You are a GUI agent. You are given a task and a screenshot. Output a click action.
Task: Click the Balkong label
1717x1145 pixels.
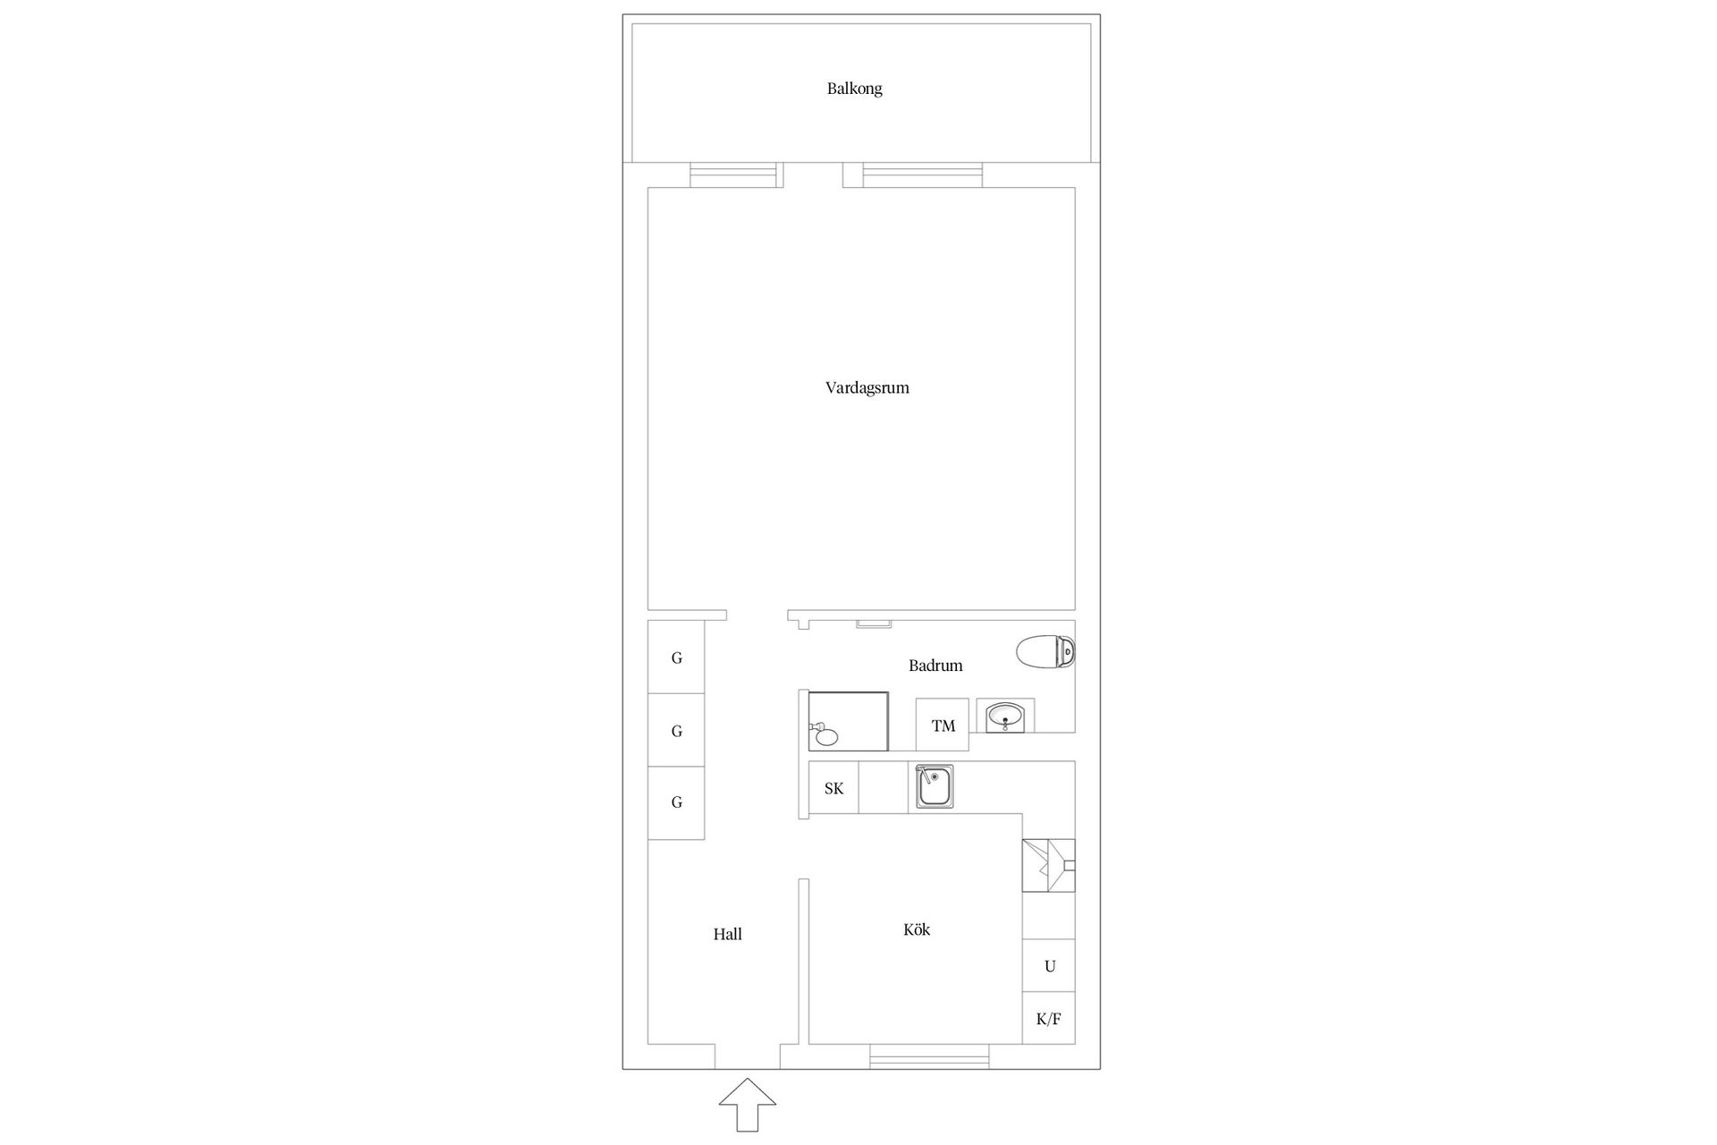(x=854, y=89)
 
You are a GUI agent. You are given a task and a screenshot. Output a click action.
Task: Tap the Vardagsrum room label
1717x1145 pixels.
(x=867, y=388)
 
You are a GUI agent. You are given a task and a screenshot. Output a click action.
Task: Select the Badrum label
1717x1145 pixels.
(x=935, y=666)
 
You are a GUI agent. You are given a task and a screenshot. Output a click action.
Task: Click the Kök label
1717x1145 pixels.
(x=917, y=929)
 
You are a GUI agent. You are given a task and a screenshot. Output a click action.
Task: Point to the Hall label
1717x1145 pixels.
(x=727, y=934)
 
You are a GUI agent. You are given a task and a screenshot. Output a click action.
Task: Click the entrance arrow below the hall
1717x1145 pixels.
(x=748, y=1105)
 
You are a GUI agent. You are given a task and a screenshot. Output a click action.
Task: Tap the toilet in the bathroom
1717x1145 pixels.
(x=1045, y=651)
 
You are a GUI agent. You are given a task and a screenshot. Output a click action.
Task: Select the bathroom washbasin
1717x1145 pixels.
(x=1006, y=716)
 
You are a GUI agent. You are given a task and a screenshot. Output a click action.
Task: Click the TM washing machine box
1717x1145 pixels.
(x=943, y=725)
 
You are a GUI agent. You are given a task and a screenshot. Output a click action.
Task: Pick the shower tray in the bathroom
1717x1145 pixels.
(x=848, y=721)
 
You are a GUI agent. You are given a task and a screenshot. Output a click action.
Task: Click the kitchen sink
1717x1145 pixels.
(x=935, y=786)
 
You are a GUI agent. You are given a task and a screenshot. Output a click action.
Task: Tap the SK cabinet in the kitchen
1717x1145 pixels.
(x=833, y=788)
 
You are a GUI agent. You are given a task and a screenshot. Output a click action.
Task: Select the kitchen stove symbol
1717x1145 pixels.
(x=1049, y=865)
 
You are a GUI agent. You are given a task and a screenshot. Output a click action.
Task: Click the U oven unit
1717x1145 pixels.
(x=1049, y=965)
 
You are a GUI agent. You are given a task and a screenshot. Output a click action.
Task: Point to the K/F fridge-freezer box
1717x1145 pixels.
(x=1049, y=1018)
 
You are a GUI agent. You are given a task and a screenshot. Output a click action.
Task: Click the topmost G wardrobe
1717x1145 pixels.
(x=676, y=657)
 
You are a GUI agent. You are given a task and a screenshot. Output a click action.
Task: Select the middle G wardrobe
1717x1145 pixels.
(x=676, y=730)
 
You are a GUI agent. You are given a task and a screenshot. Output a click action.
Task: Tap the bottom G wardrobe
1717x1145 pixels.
(x=676, y=802)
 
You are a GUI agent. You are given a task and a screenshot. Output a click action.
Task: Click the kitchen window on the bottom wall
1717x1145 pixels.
(x=929, y=1056)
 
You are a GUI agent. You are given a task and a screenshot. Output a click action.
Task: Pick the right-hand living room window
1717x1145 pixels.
(x=922, y=175)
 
